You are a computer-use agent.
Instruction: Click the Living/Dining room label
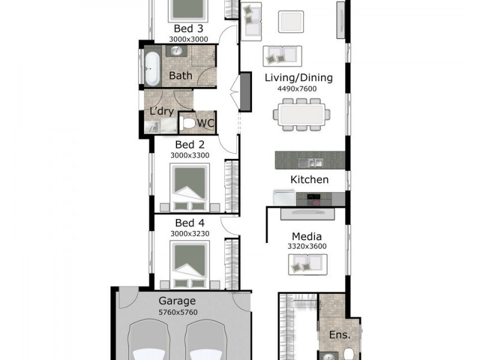[298, 78]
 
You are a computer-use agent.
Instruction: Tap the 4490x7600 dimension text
[297, 89]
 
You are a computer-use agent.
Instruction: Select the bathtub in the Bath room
[152, 69]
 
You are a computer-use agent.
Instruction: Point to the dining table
[302, 115]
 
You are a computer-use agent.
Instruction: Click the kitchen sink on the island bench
[310, 162]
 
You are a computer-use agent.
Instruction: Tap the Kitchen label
[309, 179]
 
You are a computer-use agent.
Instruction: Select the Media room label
[307, 236]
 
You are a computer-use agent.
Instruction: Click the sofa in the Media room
[308, 265]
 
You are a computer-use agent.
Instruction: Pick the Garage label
[177, 301]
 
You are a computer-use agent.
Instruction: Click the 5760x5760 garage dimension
[178, 313]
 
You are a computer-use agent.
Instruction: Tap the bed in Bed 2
[190, 187]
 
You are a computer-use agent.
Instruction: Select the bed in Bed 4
[190, 265]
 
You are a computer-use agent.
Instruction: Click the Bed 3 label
[188, 28]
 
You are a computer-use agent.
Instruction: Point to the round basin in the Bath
[176, 50]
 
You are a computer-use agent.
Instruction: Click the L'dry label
[161, 111]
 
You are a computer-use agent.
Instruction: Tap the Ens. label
[340, 335]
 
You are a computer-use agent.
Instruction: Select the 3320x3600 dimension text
[307, 246]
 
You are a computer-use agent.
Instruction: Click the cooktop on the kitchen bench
[313, 199]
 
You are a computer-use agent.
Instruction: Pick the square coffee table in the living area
[291, 22]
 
